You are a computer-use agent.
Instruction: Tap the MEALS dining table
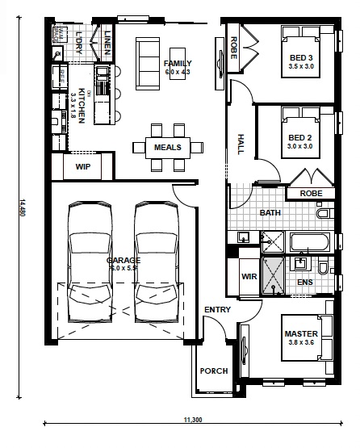pyautogui.click(x=168, y=147)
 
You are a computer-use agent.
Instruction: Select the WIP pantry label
pyautogui.click(x=83, y=167)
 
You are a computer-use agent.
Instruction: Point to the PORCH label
pyautogui.click(x=215, y=371)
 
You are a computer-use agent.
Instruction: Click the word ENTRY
pyautogui.click(x=217, y=311)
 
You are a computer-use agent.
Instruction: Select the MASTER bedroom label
pyautogui.click(x=302, y=333)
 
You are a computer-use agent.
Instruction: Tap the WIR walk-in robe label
pyautogui.click(x=249, y=277)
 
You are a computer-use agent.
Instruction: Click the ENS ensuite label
pyautogui.click(x=304, y=283)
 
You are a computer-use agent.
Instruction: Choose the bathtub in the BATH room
pyautogui.click(x=309, y=241)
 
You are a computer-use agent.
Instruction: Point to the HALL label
pyautogui.click(x=241, y=143)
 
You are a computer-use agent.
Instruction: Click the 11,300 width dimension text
pyautogui.click(x=193, y=420)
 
